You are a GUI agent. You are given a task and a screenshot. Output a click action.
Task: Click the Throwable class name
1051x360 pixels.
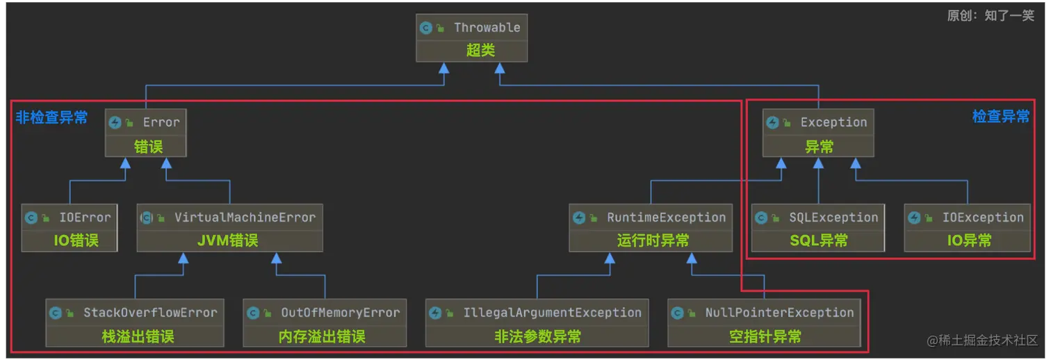click(487, 28)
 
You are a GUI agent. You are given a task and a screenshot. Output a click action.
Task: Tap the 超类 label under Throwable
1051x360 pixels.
click(480, 51)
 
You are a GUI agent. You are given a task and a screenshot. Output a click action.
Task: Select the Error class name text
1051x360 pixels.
click(161, 122)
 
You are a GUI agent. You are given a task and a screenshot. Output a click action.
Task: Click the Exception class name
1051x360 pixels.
click(833, 122)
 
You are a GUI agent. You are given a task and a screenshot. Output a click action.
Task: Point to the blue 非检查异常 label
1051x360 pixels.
click(52, 117)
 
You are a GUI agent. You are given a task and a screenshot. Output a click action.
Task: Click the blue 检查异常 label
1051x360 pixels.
click(1000, 117)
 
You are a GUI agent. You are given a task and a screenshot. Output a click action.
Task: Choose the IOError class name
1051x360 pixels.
click(85, 218)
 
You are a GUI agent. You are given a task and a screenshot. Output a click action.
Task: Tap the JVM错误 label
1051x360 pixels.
click(228, 240)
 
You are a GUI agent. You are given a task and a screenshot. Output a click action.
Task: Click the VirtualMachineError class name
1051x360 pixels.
click(245, 218)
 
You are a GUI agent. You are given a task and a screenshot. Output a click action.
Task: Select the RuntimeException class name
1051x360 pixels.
click(666, 218)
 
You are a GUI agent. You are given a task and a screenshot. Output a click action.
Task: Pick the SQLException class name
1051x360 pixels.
click(833, 218)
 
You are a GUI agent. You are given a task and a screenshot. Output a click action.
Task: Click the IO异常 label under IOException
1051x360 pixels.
click(969, 240)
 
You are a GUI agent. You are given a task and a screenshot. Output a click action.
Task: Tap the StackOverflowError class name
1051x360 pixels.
click(150, 313)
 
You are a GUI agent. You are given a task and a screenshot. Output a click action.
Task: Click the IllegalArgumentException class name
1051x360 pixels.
click(552, 313)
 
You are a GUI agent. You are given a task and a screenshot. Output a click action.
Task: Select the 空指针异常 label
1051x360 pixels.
click(765, 336)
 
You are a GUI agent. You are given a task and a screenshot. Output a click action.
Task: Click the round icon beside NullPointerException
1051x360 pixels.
click(678, 313)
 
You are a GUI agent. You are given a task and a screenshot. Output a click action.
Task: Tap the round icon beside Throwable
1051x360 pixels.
click(426, 28)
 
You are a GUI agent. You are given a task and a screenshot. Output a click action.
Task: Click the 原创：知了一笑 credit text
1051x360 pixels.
click(991, 16)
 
